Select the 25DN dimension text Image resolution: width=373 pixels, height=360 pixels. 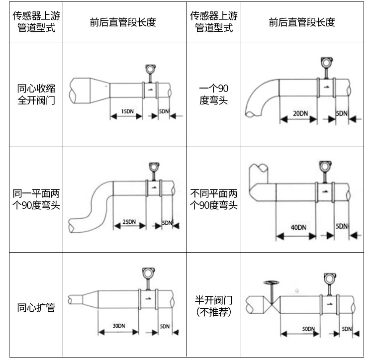pos(129,222)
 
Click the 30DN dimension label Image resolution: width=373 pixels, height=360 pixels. pos(118,326)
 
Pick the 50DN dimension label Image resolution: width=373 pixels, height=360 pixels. pos(308,329)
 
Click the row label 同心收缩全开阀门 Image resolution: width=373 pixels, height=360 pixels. pos(36,94)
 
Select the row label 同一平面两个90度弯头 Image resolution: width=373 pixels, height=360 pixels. pos(36,199)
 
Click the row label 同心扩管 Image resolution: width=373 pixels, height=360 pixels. pos(36,307)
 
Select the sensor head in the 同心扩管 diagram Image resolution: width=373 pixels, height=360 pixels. pos(147,273)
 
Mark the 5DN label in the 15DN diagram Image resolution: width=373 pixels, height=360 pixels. pos(164,110)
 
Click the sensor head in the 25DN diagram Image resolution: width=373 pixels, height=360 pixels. pos(155,167)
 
